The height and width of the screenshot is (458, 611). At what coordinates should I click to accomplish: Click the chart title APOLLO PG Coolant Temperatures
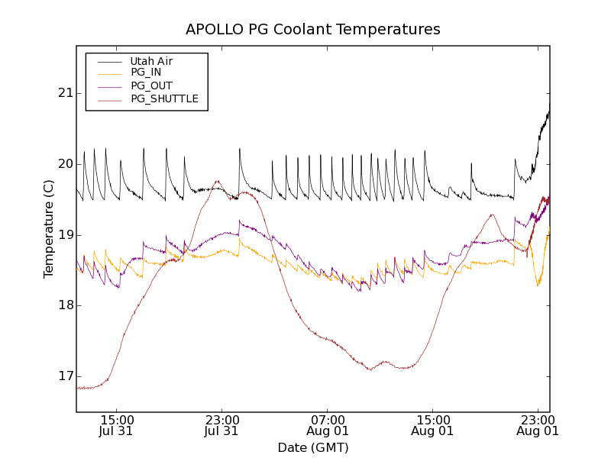click(x=313, y=30)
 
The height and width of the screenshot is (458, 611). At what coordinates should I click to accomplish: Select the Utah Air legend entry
click(x=150, y=60)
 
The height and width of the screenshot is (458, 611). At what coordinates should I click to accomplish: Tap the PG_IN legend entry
click(x=146, y=73)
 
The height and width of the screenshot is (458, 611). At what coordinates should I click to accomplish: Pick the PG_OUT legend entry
click(x=151, y=85)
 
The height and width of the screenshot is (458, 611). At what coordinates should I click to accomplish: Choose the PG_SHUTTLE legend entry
click(x=164, y=98)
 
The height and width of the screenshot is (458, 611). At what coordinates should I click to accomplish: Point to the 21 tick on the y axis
click(x=63, y=93)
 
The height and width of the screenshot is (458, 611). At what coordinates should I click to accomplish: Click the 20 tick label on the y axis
click(x=63, y=164)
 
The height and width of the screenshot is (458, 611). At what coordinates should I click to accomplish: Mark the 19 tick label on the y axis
click(x=63, y=235)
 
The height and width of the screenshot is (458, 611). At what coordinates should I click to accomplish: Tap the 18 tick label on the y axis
click(x=63, y=305)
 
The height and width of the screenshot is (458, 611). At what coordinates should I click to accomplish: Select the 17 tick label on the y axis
click(x=63, y=376)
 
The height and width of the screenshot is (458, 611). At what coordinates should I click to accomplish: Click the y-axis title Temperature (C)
click(x=49, y=229)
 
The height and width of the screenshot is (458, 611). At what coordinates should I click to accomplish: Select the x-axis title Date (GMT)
click(x=313, y=447)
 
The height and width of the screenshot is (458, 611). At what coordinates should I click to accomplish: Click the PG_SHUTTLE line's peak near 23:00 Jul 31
click(x=218, y=182)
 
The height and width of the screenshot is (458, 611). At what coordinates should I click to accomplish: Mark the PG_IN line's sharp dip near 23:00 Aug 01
click(x=538, y=285)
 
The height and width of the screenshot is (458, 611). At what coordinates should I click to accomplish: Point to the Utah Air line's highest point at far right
click(x=549, y=105)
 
